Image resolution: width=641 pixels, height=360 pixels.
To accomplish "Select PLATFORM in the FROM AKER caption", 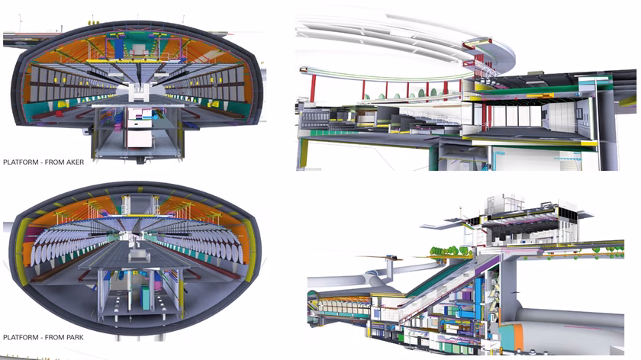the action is [21, 162].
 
